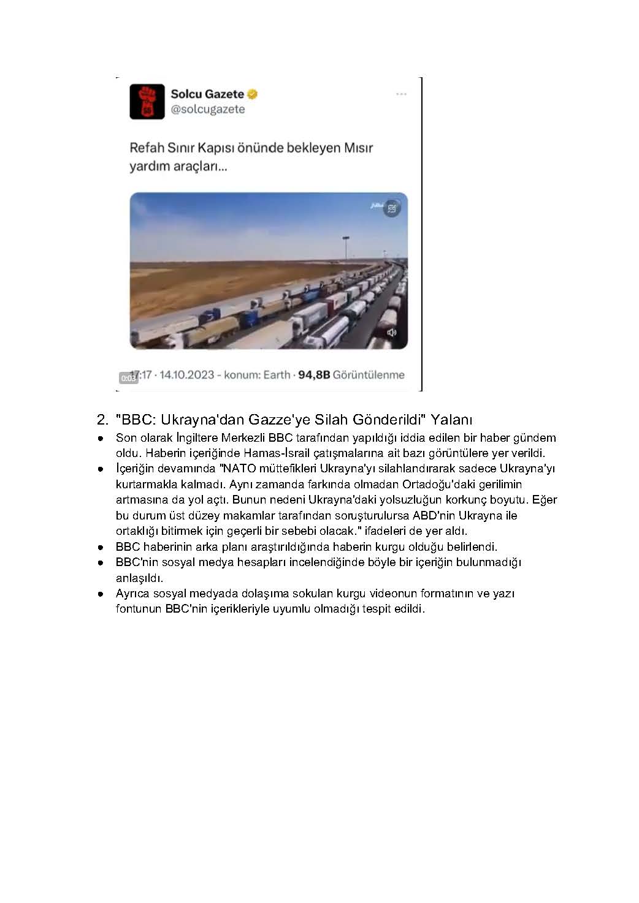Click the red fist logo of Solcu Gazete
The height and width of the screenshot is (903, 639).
coord(147,101)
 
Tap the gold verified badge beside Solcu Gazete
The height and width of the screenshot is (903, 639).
coord(253,94)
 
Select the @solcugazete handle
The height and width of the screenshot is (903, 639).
coord(207,110)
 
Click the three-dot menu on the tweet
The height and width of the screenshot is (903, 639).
coord(401,94)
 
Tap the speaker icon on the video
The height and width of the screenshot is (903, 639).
coord(392,333)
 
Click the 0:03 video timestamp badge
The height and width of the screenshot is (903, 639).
coord(128,378)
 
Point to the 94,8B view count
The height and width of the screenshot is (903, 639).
coord(314,375)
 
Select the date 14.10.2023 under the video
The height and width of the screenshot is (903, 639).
coord(187,375)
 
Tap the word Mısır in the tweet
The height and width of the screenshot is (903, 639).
coord(358,148)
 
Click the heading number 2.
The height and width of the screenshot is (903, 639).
coord(102,420)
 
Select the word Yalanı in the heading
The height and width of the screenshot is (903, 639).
coord(451,420)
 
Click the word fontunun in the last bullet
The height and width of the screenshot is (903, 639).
coord(139,609)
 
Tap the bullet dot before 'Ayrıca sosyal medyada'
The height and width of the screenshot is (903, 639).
coord(99,594)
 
